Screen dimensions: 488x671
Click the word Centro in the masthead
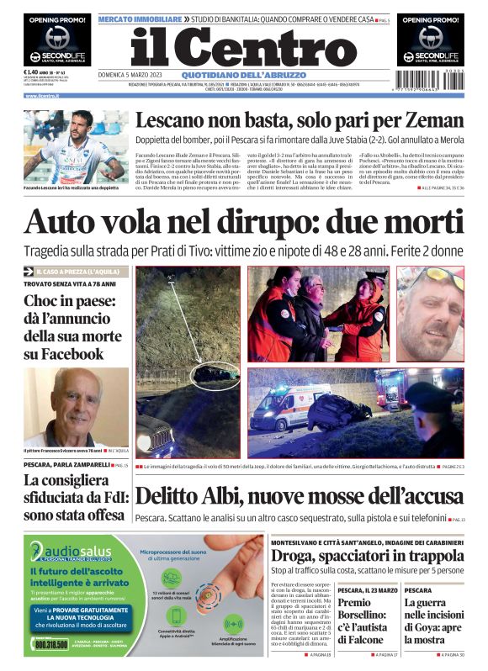pyautogui.click(x=268, y=45)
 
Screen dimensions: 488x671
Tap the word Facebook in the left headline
pyautogui.click(x=63, y=354)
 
